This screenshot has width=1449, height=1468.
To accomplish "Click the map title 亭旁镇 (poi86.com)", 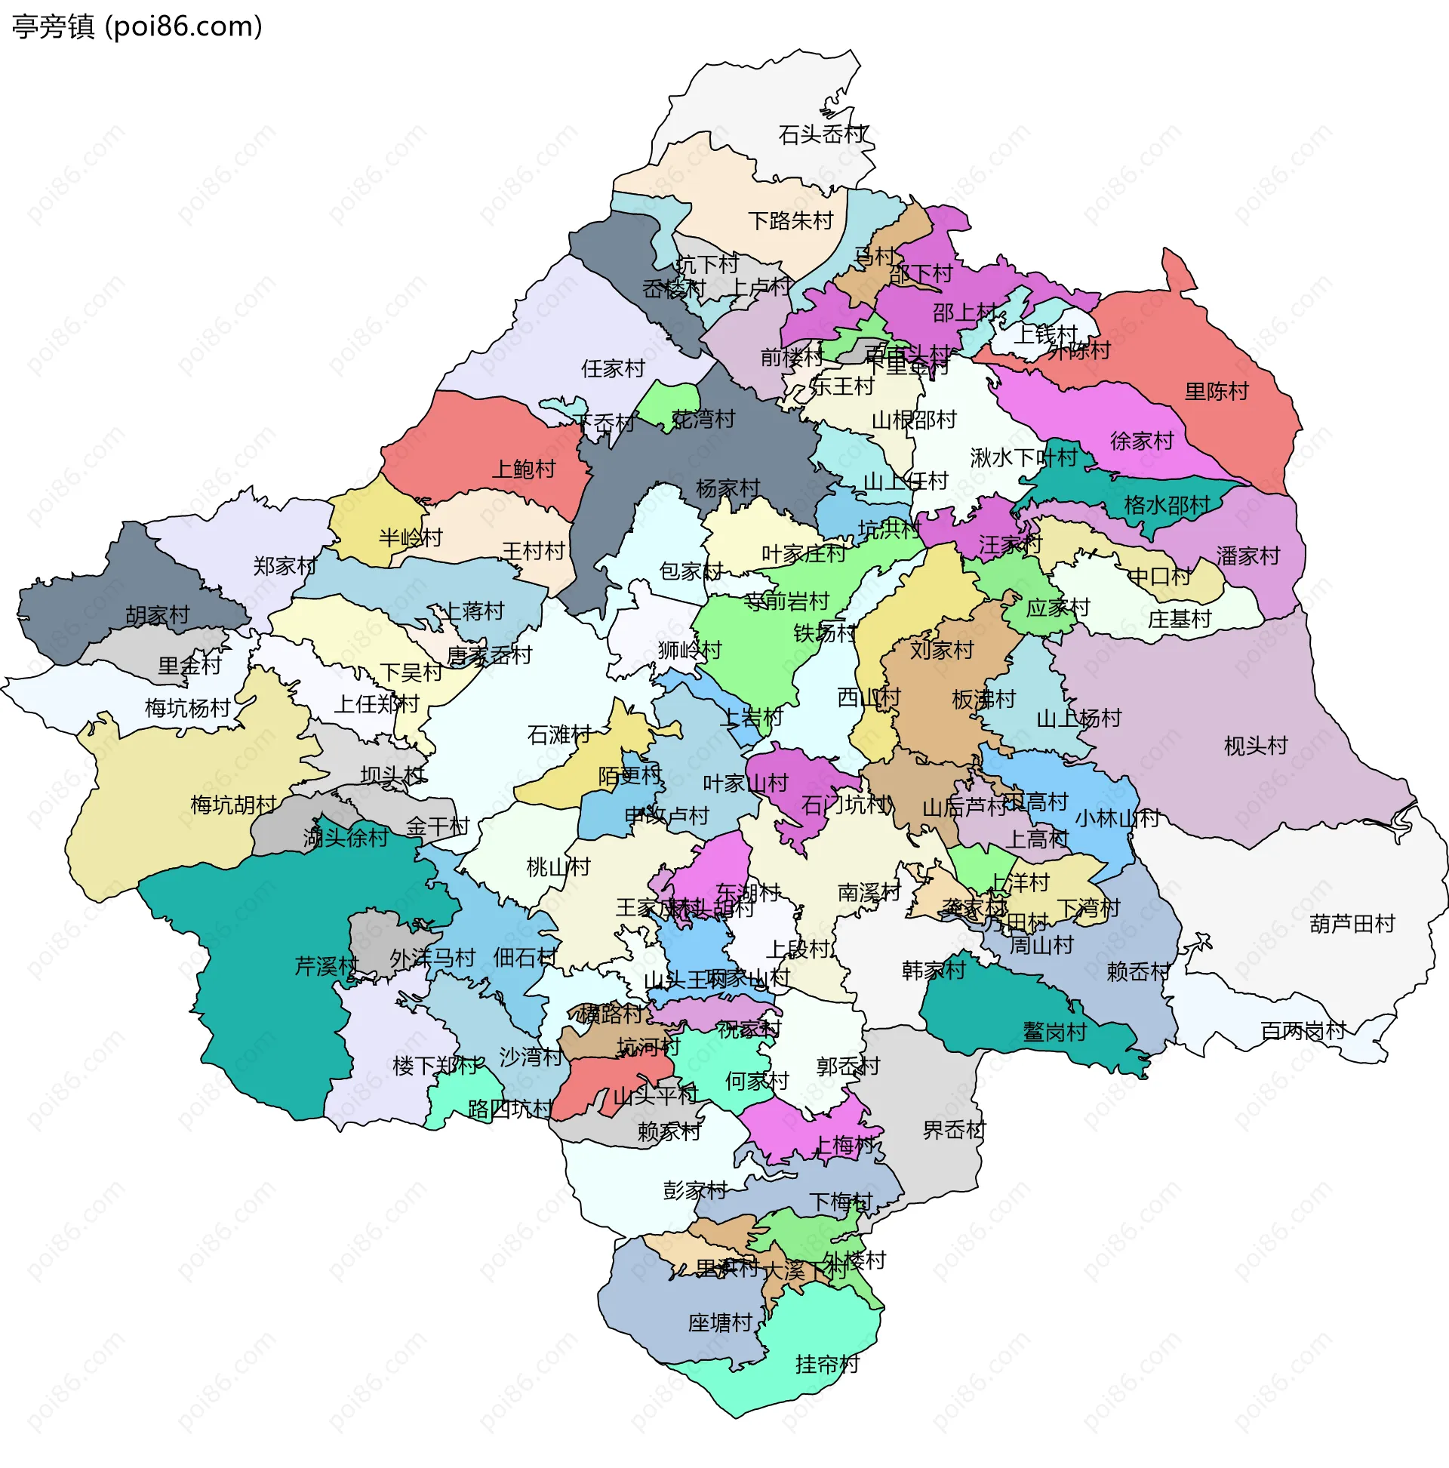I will tap(137, 27).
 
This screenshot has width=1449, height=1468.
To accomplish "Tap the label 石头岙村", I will tap(823, 135).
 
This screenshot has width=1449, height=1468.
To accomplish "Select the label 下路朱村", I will tap(790, 221).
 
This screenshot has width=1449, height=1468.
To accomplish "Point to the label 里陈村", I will tap(1217, 392).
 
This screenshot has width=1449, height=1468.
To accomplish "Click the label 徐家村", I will tap(1141, 442).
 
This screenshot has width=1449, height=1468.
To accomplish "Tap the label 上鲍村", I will tap(524, 469).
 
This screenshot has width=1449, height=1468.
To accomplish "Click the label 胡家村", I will tap(157, 615).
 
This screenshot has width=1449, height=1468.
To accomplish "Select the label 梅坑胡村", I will tap(232, 805).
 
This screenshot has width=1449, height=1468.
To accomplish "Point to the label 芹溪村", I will tap(326, 967).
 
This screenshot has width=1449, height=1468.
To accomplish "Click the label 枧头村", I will tap(1255, 746).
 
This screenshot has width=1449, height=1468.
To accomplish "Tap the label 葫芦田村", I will tap(1352, 924).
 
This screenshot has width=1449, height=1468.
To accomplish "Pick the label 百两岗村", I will tap(1303, 1031).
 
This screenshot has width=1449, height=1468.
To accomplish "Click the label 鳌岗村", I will tap(1054, 1032).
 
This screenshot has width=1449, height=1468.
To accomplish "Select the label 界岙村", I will tap(953, 1130).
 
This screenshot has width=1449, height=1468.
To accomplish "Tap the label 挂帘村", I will tap(826, 1365).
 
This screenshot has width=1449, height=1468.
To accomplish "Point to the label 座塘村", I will tap(719, 1323).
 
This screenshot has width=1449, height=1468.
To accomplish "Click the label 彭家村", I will tap(694, 1190).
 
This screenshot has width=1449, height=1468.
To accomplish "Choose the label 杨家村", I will tap(728, 488).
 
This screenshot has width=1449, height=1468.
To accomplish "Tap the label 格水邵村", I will tap(1166, 505).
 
